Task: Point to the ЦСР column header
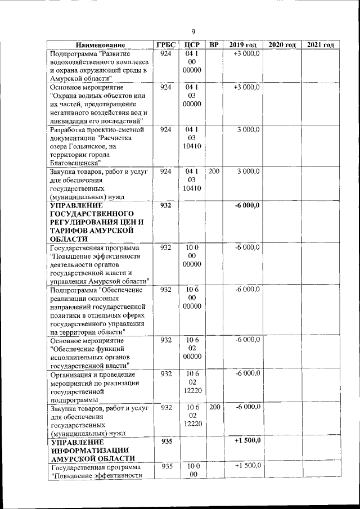[192, 45]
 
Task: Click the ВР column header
[214, 45]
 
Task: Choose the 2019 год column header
[242, 45]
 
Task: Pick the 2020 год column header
[282, 45]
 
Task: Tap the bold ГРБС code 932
[165, 205]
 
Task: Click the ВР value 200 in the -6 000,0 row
[214, 407]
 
